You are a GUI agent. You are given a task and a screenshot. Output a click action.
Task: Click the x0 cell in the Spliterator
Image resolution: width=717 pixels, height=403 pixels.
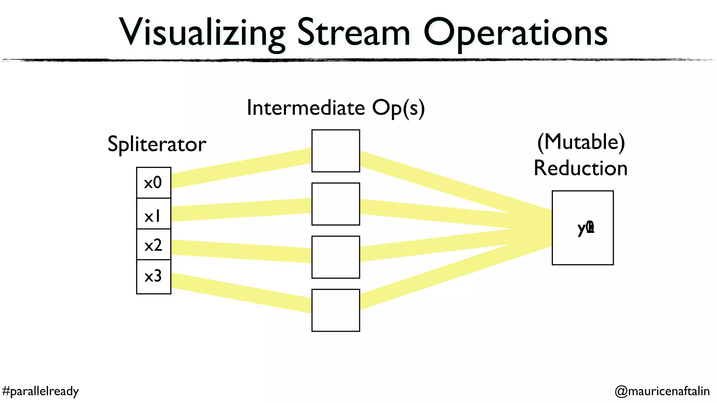153,183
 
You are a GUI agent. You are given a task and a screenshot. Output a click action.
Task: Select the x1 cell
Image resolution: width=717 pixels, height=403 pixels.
153,214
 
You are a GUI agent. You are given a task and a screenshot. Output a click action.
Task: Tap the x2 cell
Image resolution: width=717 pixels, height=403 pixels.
153,245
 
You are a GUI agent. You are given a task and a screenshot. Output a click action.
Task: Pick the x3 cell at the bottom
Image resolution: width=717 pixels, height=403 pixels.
153,276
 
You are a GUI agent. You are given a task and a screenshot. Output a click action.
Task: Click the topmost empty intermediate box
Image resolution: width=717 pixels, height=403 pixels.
335,151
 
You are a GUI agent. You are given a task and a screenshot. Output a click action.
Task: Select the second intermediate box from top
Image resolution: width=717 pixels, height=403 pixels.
335,204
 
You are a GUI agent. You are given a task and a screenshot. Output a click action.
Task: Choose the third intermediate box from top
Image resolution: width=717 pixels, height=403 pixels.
335,257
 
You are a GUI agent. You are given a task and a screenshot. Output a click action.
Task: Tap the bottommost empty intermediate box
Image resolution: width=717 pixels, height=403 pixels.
335,310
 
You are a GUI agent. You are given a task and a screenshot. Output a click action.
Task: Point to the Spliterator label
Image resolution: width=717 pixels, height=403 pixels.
156,144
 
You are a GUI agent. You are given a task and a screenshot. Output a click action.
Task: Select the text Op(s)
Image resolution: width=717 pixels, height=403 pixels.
398,108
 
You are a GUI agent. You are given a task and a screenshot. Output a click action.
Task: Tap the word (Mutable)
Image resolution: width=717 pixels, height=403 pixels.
581,142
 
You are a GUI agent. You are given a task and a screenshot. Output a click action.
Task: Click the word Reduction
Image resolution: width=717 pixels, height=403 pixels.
580,168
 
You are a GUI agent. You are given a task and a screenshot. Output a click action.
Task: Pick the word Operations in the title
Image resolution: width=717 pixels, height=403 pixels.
515,33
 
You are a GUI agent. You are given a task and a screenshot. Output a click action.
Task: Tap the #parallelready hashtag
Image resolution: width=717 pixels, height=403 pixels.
40,391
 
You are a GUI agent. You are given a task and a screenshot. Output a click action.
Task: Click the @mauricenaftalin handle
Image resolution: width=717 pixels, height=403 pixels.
662,391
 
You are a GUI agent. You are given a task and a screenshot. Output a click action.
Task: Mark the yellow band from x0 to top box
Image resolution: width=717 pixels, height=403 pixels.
242,168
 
